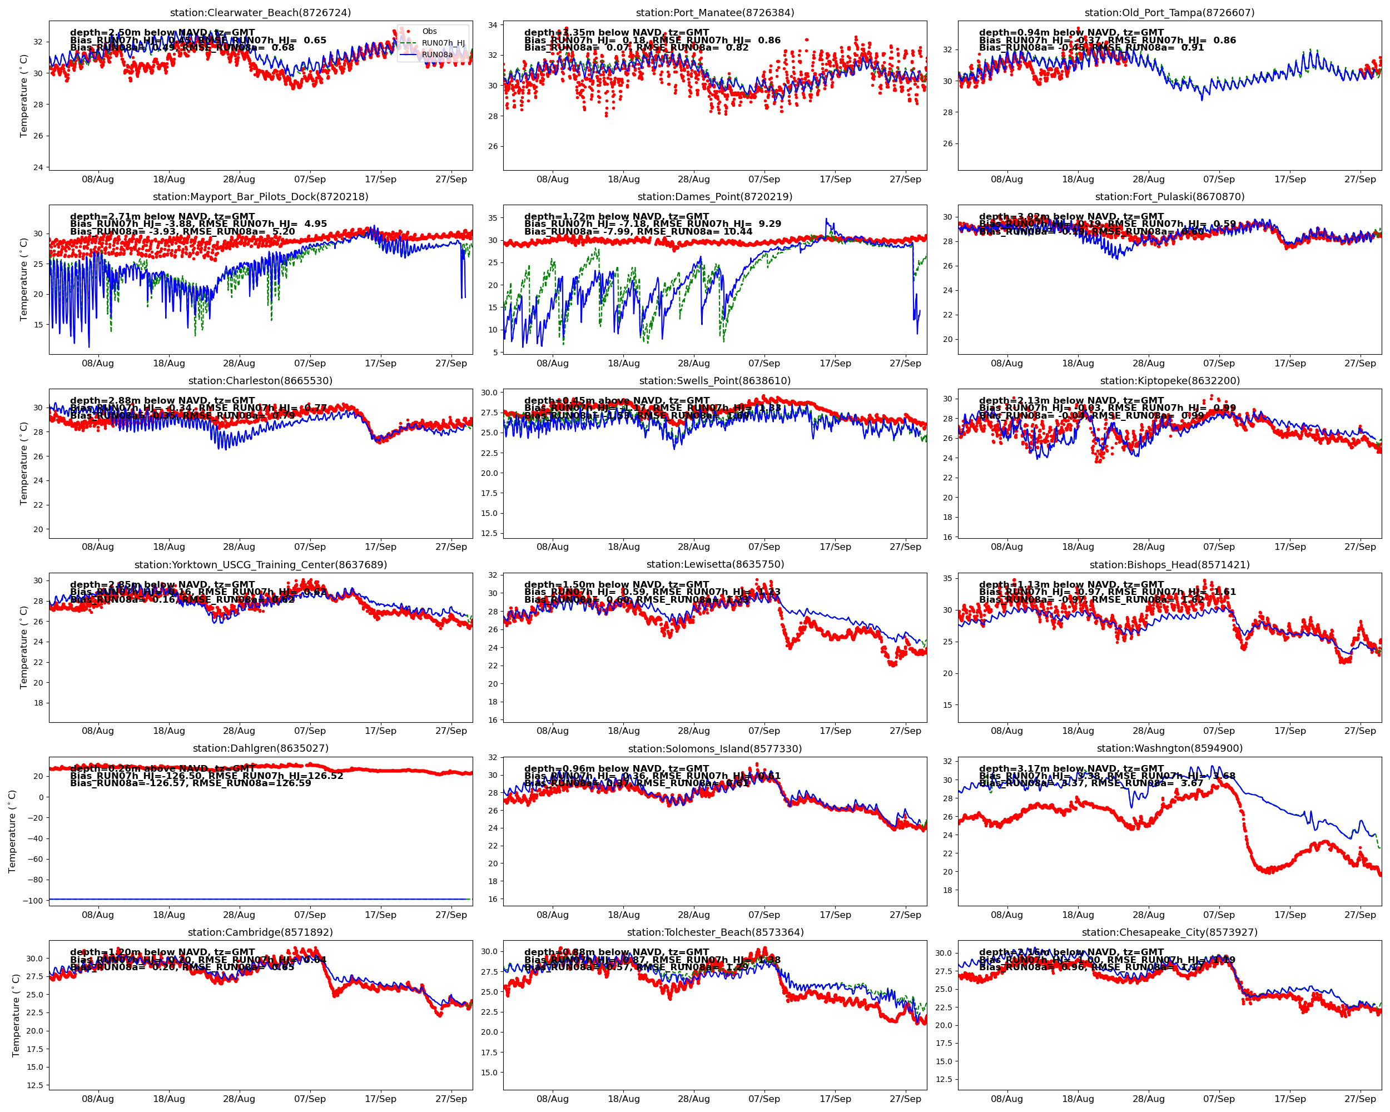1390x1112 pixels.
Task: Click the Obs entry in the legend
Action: tap(429, 31)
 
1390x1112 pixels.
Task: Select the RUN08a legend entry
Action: tap(436, 55)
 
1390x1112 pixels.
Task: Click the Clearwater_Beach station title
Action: tap(260, 13)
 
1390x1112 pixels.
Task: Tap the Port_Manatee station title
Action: tap(714, 13)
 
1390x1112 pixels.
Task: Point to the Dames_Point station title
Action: tap(714, 197)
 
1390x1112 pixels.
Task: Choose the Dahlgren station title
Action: tap(260, 748)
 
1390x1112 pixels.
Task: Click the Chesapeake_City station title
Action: tap(1169, 932)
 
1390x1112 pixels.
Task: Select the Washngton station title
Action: tap(1169, 748)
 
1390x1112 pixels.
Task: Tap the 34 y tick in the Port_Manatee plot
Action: tap(493, 25)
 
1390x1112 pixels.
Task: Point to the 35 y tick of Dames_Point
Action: tap(493, 218)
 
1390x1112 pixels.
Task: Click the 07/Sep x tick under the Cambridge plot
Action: tap(310, 1099)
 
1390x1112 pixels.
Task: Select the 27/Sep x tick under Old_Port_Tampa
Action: tap(1360, 179)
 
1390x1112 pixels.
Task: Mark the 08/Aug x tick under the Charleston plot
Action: tap(98, 547)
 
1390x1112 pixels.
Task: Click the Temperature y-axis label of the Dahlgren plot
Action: tap(12, 832)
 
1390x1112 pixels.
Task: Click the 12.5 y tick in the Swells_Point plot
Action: tap(489, 533)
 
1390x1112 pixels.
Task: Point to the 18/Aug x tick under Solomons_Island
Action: tap(623, 915)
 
